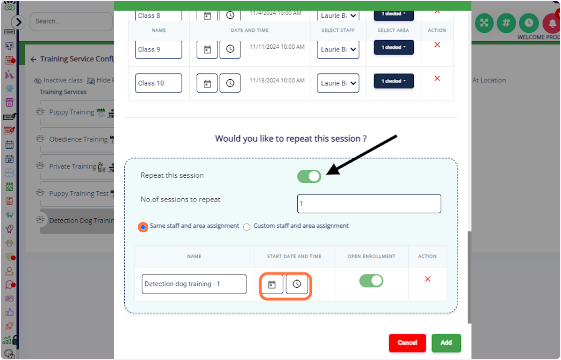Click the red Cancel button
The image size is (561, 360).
[x=407, y=343]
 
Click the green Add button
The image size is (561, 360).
[x=446, y=343]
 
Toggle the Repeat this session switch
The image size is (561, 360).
[x=309, y=176]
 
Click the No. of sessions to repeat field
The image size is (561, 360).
[x=369, y=204]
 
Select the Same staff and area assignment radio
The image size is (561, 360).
[x=143, y=227]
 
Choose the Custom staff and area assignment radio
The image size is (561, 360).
[x=247, y=227]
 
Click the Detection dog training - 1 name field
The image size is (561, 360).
[x=194, y=284]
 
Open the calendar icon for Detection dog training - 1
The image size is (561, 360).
[x=272, y=284]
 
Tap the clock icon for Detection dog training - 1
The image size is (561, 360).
[x=297, y=284]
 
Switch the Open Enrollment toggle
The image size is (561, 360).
[x=371, y=281]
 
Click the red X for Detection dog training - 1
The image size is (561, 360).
[x=427, y=279]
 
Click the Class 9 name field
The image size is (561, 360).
[x=158, y=50]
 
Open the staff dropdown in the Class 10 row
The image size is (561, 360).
[x=338, y=83]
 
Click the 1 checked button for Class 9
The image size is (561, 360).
[x=394, y=48]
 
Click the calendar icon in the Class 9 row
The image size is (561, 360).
[x=207, y=50]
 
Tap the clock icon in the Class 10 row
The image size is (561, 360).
[x=230, y=83]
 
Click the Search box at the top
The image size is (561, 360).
[x=71, y=22]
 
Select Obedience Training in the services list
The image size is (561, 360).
[x=78, y=139]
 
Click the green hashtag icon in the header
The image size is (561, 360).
[x=506, y=22]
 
